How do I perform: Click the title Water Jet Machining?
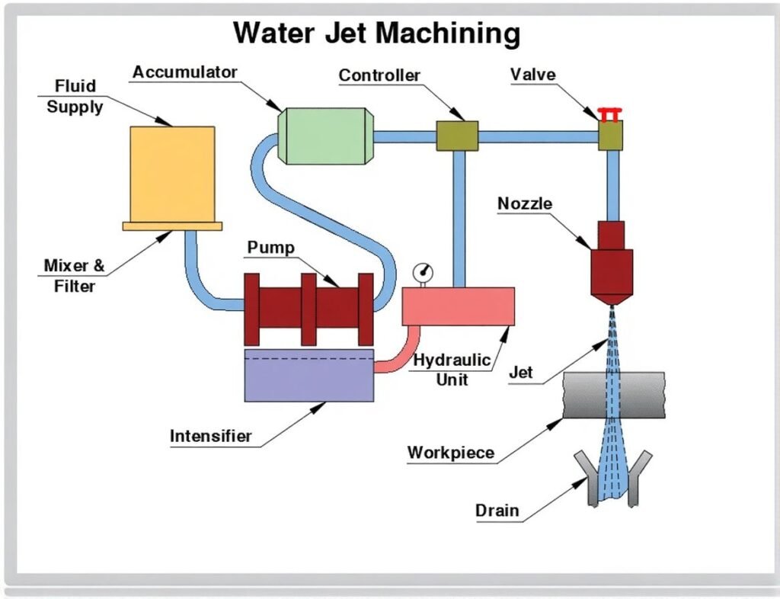pyautogui.click(x=376, y=34)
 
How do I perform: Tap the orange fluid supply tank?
pyautogui.click(x=172, y=174)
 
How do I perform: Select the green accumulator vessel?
pyautogui.click(x=326, y=136)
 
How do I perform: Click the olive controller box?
pyautogui.click(x=457, y=136)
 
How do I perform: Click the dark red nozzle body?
pyautogui.click(x=612, y=263)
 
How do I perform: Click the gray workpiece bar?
pyautogui.click(x=613, y=395)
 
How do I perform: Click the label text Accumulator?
pyautogui.click(x=184, y=72)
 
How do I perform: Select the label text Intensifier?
pyautogui.click(x=210, y=437)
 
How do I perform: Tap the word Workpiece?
pyautogui.click(x=451, y=453)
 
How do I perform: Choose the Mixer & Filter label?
pyautogui.click(x=75, y=276)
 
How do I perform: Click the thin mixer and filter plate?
pyautogui.click(x=172, y=226)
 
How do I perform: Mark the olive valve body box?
pyautogui.click(x=610, y=136)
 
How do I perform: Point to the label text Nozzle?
pyautogui.click(x=525, y=203)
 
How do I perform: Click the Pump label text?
pyautogui.click(x=270, y=248)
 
